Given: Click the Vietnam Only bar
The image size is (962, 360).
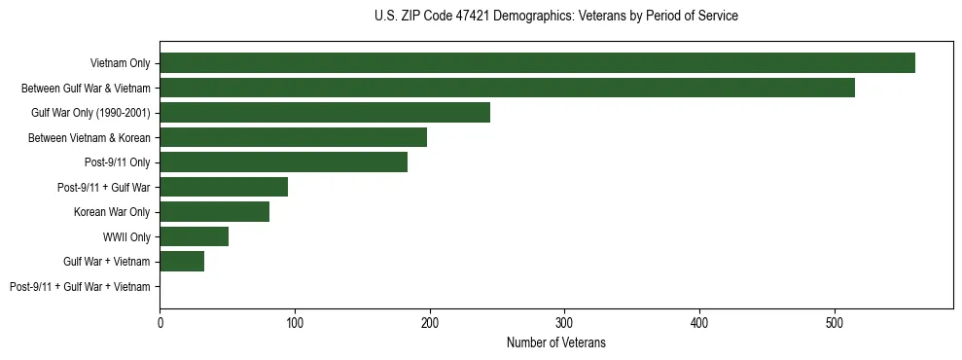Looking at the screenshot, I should coord(537,62).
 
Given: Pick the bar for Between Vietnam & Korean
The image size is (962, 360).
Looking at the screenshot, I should coord(293,137).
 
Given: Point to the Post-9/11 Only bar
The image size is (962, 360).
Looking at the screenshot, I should coord(283,162).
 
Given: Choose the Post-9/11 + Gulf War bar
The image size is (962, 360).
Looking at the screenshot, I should coord(224,187).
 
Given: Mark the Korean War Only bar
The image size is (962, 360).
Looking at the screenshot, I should coord(214,212).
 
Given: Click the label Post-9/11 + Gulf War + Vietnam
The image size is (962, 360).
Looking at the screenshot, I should coord(80,287).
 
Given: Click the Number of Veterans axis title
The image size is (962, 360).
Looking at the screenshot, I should coord(555,342).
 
